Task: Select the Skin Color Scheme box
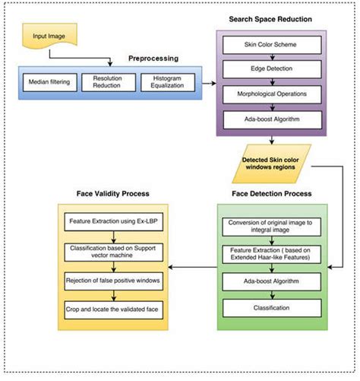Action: [x=271, y=45]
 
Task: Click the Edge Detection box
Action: [x=271, y=69]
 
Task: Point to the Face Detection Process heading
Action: [x=271, y=194]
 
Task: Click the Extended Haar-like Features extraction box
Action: [x=271, y=255]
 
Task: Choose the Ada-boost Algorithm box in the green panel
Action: [x=271, y=282]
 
